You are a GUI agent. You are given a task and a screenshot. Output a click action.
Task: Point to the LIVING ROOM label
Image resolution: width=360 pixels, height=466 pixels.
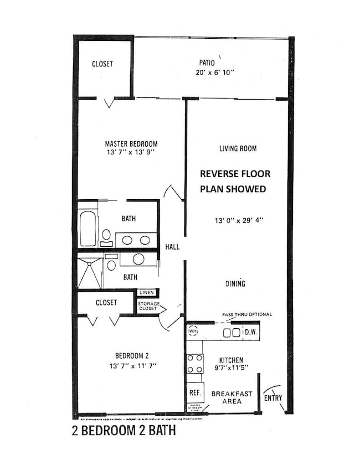pos(237,148)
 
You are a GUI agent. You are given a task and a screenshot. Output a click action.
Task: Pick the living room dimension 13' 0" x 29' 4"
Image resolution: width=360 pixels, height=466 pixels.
pos(239,220)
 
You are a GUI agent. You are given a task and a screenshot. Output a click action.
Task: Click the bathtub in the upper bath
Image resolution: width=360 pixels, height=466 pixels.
pos(88,227)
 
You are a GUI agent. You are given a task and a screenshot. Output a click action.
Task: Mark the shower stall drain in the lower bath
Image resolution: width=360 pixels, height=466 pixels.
pos(89,273)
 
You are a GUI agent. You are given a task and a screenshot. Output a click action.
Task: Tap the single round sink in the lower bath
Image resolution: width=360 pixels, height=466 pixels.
pos(138,258)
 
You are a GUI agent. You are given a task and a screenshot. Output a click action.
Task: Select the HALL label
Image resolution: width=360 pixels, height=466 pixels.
pos(172,247)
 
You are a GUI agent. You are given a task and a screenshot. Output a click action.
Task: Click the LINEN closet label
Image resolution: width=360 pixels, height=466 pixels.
pos(146,292)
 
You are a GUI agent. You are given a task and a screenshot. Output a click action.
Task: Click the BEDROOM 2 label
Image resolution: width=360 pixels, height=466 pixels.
pos(131,356)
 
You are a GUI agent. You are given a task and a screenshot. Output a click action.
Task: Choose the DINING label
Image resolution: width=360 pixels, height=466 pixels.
pos(235,284)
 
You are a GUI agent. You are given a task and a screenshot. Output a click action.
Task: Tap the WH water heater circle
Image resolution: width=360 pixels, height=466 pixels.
pos(193,332)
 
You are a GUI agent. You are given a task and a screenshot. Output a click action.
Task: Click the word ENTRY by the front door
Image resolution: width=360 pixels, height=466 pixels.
pos(272,397)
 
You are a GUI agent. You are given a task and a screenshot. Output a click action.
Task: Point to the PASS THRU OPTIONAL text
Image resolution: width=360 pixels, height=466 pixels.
pos(247,314)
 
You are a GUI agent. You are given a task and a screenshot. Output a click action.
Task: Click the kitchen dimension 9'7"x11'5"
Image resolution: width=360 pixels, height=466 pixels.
pos(232,369)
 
